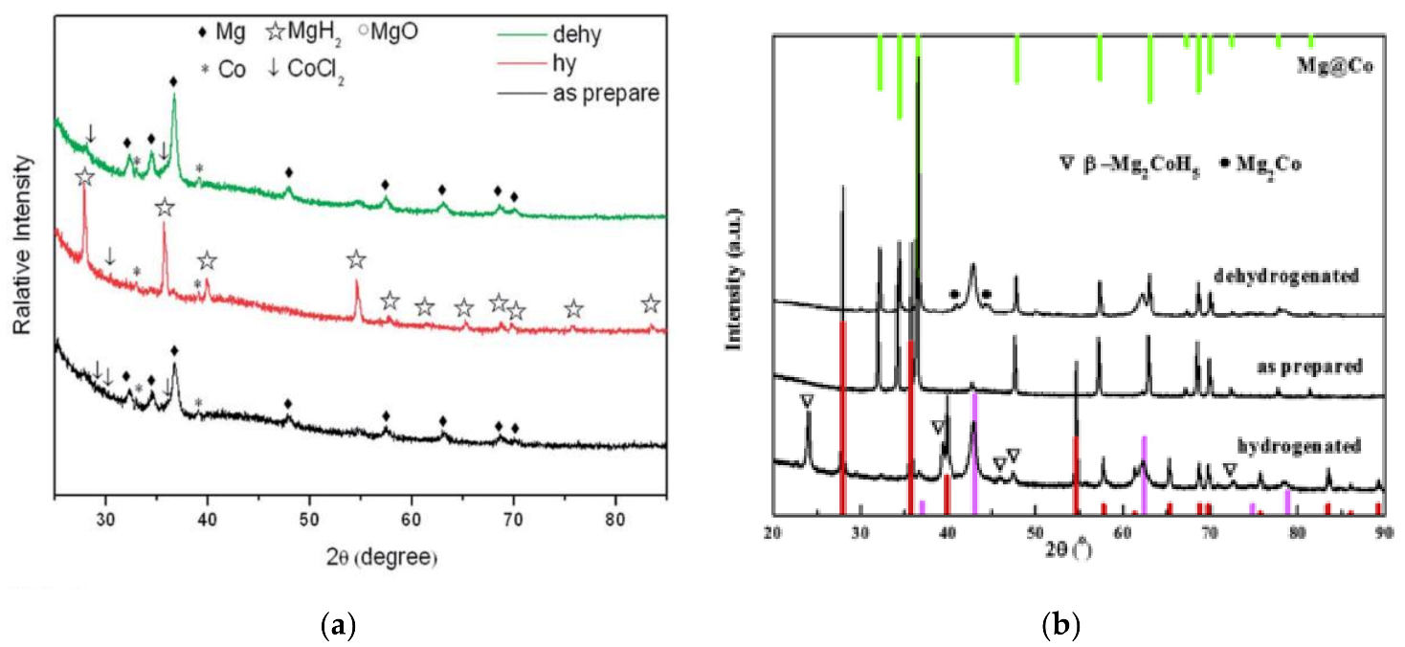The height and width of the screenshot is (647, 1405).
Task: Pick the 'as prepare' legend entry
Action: tap(602, 93)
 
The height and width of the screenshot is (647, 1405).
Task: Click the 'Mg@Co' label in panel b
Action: tap(1336, 66)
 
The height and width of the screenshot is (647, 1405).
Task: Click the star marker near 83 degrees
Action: tap(651, 304)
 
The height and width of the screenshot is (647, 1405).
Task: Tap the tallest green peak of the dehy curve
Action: tap(174, 96)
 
